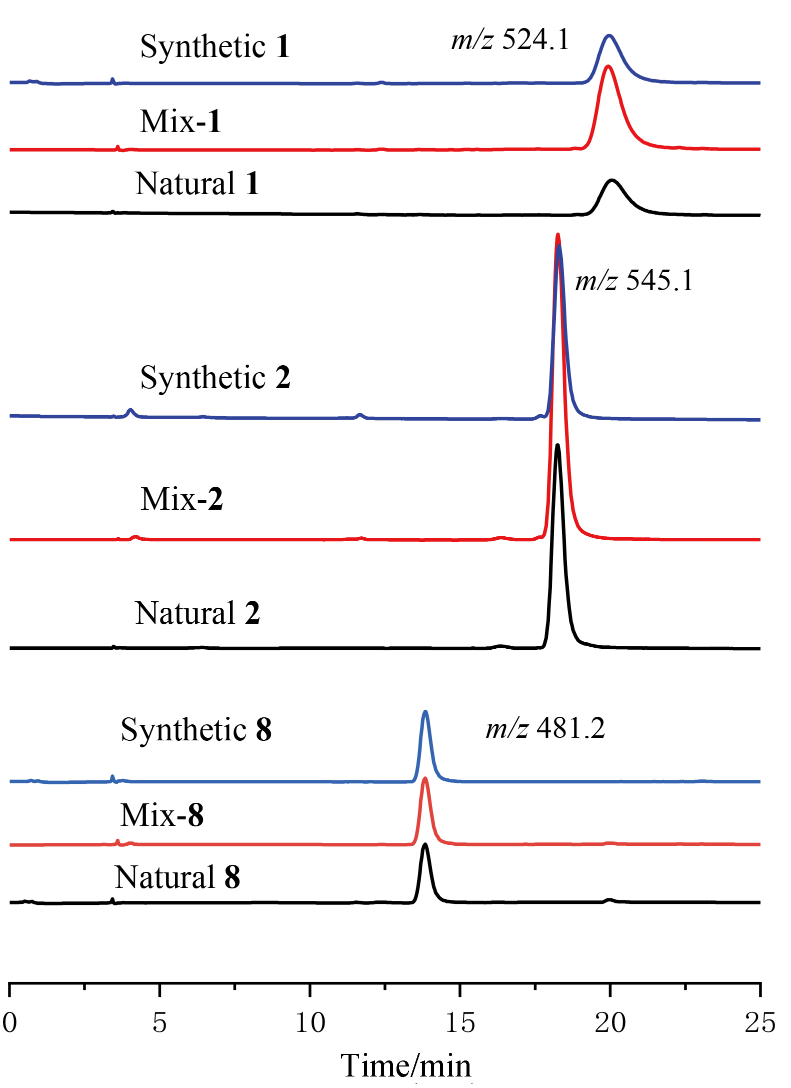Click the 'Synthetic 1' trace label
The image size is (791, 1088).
tap(215, 47)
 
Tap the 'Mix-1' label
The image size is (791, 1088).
tap(180, 122)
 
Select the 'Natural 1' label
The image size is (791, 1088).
tap(197, 184)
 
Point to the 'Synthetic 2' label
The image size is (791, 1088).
tap(215, 377)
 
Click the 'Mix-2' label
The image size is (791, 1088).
tap(181, 499)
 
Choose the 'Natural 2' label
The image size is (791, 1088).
tap(197, 613)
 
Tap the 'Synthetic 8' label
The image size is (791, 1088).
tap(196, 730)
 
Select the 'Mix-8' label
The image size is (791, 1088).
tap(162, 815)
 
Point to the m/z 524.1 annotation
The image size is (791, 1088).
tap(510, 40)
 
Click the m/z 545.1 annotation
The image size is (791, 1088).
tap(634, 280)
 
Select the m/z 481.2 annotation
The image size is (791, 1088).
tap(545, 728)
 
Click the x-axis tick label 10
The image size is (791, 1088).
tap(310, 1022)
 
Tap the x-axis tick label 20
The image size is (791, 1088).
tap(610, 1022)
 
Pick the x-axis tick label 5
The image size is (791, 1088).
tap(159, 1022)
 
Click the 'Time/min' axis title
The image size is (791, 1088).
tap(405, 1065)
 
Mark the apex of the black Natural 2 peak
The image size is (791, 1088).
tap(557, 445)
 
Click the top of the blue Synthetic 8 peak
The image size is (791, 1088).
tap(425, 711)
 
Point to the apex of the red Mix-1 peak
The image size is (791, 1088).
tap(608, 67)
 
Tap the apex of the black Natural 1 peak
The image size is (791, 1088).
tap(611, 180)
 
